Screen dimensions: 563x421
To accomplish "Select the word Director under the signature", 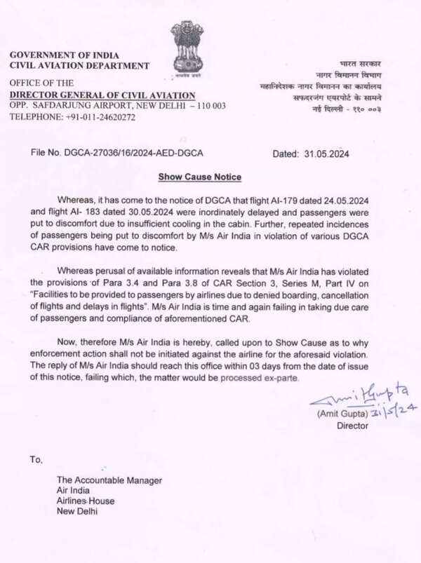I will pyautogui.click(x=352, y=426).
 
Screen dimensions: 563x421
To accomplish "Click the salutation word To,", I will pyautogui.click(x=36, y=460).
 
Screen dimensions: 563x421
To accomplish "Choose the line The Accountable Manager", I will pyautogui.click(x=109, y=480).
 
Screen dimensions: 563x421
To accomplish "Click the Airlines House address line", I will pyautogui.click(x=86, y=501).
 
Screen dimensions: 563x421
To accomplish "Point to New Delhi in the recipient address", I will pyautogui.click(x=78, y=511).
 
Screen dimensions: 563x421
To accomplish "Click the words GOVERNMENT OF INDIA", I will pyautogui.click(x=64, y=55).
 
